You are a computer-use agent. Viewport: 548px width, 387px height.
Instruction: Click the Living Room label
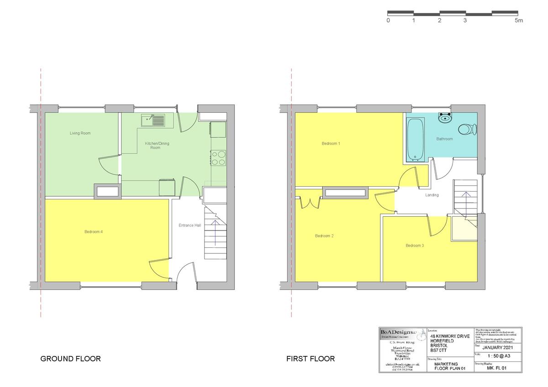click(x=80, y=133)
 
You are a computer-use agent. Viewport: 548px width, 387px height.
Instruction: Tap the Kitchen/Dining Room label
click(x=157, y=146)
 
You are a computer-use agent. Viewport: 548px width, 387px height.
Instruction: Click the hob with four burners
click(x=218, y=157)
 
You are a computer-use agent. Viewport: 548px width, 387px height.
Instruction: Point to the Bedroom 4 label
click(x=93, y=232)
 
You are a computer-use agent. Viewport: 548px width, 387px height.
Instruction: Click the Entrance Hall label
click(x=190, y=225)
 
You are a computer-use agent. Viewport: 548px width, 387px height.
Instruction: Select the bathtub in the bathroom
click(x=415, y=140)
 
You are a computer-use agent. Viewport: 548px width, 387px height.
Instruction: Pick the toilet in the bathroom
click(x=467, y=129)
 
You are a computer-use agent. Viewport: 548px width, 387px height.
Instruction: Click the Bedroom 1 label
click(x=331, y=143)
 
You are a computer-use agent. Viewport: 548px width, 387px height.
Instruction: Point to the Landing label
click(x=432, y=195)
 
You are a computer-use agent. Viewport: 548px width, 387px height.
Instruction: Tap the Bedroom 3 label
click(x=415, y=246)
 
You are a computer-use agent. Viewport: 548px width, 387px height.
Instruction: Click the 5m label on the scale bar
click(x=519, y=21)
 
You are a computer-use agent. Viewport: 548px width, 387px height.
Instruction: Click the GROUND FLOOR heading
click(x=70, y=359)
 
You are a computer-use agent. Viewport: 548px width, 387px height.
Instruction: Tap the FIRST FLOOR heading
click(x=311, y=359)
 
